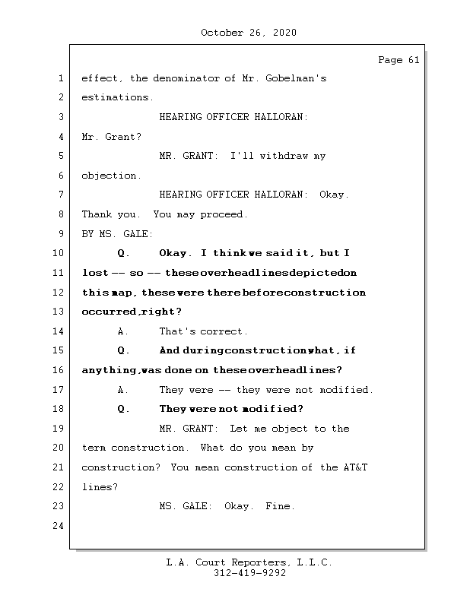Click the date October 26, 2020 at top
(x=248, y=33)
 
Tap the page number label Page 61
(x=399, y=61)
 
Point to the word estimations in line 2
(x=116, y=97)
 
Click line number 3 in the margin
(x=59, y=117)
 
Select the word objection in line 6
(x=111, y=176)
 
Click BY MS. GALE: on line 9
(x=117, y=234)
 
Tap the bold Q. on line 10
(x=124, y=253)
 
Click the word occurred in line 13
(x=109, y=312)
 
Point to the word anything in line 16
(x=110, y=370)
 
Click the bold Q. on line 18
(x=124, y=409)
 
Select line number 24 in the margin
(x=59, y=526)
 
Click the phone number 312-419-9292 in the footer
(x=249, y=574)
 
